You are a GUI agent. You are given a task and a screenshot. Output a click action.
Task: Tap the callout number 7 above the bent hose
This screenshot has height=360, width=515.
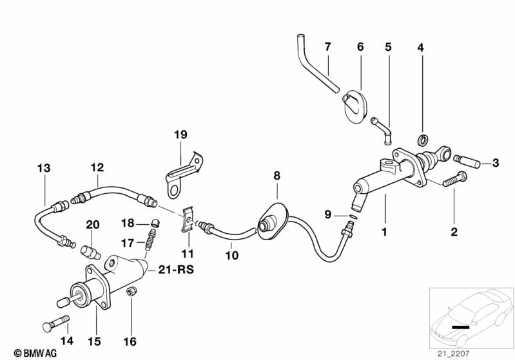(x=327, y=46)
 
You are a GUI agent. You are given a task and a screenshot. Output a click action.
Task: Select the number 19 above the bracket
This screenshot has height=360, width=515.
(x=180, y=135)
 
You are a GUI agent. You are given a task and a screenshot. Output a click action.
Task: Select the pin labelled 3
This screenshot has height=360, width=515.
(x=465, y=159)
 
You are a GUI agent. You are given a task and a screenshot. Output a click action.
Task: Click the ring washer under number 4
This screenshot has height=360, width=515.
(x=422, y=140)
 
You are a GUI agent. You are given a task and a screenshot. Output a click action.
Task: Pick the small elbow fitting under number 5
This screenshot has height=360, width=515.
(x=382, y=126)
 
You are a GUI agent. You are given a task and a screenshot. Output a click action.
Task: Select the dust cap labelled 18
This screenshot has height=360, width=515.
(x=155, y=223)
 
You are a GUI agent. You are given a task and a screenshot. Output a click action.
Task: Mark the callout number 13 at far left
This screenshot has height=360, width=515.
(x=43, y=169)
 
